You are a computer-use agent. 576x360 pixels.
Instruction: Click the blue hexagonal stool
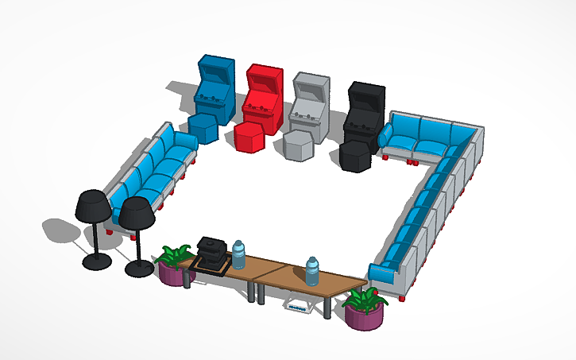click(203, 127)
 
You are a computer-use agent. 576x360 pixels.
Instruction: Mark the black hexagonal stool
click(354, 156)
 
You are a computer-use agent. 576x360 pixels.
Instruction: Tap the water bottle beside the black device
click(238, 254)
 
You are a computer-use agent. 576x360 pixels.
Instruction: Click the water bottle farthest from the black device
click(313, 271)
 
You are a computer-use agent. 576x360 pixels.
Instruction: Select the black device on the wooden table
click(212, 253)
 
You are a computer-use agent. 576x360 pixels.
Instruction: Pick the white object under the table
click(298, 306)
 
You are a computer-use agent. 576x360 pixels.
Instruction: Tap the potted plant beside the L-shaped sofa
click(364, 309)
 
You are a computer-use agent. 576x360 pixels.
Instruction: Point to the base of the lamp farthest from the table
click(96, 261)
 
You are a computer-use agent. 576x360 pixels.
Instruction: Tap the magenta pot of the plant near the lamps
click(172, 275)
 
